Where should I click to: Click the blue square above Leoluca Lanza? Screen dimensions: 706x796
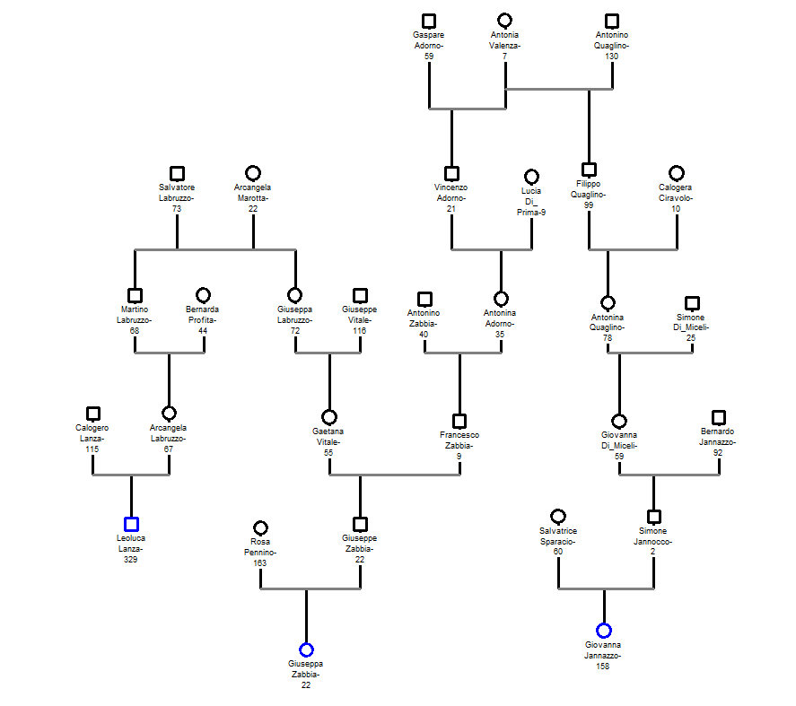pos(131,524)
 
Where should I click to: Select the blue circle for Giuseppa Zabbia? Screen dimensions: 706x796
pos(306,649)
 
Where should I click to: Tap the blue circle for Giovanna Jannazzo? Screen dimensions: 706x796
pos(604,631)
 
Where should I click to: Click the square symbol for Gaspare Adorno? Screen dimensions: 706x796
pos(429,21)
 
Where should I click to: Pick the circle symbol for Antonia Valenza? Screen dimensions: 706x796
pos(505,21)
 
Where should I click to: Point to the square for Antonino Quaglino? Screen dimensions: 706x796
pos(612,21)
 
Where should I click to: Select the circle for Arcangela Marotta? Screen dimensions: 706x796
pos(253,173)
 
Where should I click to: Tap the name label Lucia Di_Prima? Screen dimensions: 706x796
pos(531,202)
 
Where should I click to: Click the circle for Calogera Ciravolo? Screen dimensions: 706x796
pos(677,173)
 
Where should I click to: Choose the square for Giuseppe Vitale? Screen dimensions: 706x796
pos(360,295)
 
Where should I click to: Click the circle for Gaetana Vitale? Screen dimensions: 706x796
pos(329,417)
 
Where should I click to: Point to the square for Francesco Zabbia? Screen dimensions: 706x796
pos(459,421)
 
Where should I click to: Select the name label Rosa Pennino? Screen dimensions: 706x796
pos(260,547)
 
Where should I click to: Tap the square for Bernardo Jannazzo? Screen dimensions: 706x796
pos(718,417)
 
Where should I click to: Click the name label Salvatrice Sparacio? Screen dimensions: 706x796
pos(557,536)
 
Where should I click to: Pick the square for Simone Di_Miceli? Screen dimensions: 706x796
pos(692,304)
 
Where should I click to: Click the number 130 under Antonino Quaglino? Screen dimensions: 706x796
pos(612,57)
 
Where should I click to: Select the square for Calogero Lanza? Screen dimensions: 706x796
pos(92,414)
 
